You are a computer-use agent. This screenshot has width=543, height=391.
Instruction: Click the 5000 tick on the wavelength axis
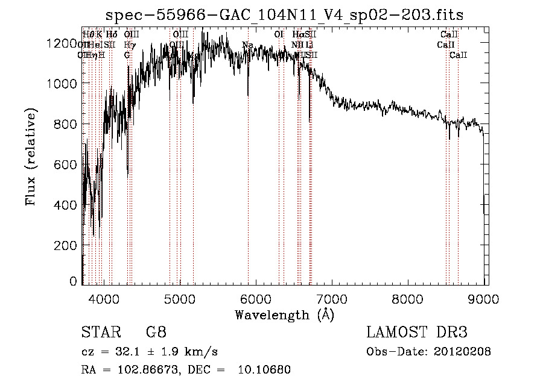180,297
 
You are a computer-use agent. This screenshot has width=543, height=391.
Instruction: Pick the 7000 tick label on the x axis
332,297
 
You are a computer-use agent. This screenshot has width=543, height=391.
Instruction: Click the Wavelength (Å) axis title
284,314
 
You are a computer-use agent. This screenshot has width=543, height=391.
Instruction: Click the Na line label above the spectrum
247,45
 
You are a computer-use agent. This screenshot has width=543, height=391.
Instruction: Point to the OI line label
279,34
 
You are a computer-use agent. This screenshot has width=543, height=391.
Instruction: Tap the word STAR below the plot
100,333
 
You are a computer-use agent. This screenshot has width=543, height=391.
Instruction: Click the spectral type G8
156,333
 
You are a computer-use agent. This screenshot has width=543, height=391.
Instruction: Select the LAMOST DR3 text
416,333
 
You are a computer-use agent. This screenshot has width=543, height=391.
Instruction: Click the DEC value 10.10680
265,370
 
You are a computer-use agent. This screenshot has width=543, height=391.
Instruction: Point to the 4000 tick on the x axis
104,297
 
